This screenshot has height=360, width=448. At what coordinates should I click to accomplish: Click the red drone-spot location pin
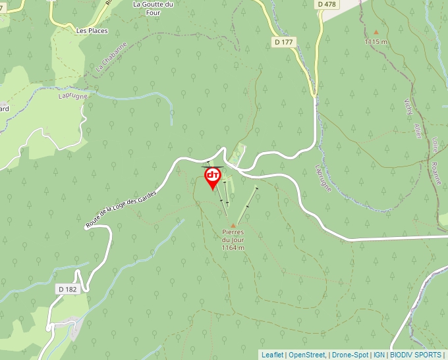coord(213,177)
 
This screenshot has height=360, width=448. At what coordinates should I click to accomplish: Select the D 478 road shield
coord(326,4)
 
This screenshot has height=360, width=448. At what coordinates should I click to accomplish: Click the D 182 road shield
coord(67,289)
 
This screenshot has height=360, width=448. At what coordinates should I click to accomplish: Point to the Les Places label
coord(92,30)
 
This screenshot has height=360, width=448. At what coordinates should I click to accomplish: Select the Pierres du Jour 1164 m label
coord(233,240)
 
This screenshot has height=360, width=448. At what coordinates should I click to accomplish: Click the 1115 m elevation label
coord(376,41)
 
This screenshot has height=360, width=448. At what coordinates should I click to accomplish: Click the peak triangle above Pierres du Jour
coord(233,226)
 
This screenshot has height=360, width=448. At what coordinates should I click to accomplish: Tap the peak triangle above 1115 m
coord(376,32)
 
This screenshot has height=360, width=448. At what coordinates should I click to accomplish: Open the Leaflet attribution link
coord(272,355)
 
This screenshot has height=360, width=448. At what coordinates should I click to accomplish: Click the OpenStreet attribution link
coord(308,355)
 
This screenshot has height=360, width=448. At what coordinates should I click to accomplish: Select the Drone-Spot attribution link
coord(350,355)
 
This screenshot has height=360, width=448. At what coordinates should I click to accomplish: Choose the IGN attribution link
coord(379,355)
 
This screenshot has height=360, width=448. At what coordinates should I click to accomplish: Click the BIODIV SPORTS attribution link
coord(416,355)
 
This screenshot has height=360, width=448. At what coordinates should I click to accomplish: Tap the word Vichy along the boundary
coord(407,107)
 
